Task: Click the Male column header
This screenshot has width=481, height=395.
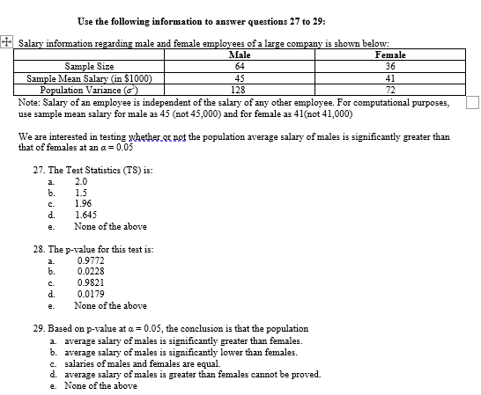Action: coord(239,55)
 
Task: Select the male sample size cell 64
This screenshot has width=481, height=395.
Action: coord(239,66)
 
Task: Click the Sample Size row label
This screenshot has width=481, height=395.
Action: coord(89,66)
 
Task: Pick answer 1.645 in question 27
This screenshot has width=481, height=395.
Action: coord(86,214)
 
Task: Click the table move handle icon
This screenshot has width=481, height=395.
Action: coord(6,40)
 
